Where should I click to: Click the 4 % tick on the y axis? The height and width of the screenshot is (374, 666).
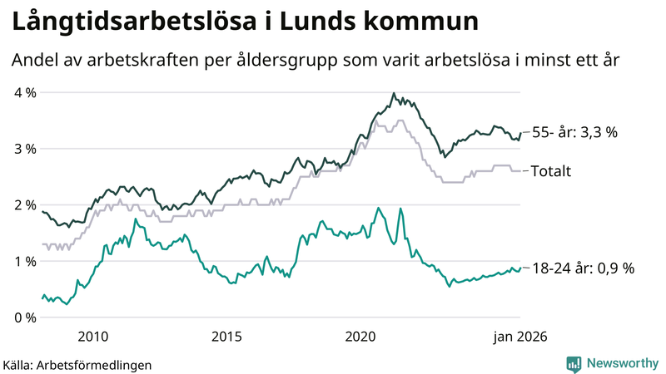click(24, 92)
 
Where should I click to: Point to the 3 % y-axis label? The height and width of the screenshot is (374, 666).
click(24, 149)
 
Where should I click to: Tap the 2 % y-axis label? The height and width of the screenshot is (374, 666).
click(24, 205)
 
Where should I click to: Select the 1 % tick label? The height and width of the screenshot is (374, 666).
click(24, 262)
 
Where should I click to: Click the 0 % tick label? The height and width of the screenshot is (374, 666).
click(24, 317)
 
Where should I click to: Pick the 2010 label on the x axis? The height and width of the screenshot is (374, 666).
click(92, 337)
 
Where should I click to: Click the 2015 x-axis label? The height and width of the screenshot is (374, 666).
click(226, 337)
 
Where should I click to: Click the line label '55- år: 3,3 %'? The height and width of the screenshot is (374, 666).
click(574, 132)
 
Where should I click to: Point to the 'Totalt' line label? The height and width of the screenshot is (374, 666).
click(550, 171)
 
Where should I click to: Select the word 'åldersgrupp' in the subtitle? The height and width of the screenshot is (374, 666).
click(352, 61)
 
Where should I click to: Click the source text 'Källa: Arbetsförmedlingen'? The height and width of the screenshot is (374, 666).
click(77, 364)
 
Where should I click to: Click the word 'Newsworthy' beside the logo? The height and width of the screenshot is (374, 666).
click(621, 363)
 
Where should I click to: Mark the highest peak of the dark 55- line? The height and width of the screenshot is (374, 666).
click(393, 94)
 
